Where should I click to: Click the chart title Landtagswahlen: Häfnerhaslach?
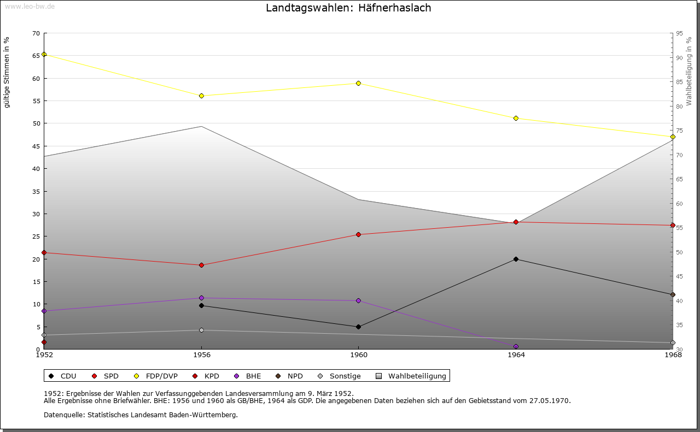point(348,8)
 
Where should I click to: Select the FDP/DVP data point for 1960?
point(359,83)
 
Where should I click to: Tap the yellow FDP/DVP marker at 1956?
point(201,96)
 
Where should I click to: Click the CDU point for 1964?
point(516,259)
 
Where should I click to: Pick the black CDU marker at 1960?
point(359,327)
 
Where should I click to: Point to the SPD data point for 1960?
point(359,234)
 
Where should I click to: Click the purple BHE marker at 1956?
point(201,298)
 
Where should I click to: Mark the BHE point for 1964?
point(516,346)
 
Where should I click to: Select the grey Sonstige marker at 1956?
point(201,330)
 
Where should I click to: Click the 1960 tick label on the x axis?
point(359,354)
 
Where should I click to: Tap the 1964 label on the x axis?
point(516,354)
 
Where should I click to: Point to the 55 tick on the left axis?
point(36,101)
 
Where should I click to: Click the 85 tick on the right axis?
point(679,82)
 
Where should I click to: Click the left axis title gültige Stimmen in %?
point(7,72)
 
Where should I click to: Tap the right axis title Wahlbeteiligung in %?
point(689,71)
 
